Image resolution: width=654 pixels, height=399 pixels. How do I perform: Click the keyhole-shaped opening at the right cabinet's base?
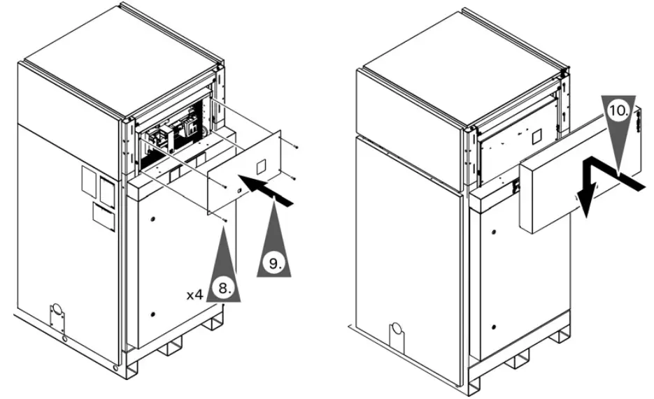pyautogui.click(x=397, y=328)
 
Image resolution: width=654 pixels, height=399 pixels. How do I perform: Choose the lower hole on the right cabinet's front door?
pyautogui.click(x=495, y=325)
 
